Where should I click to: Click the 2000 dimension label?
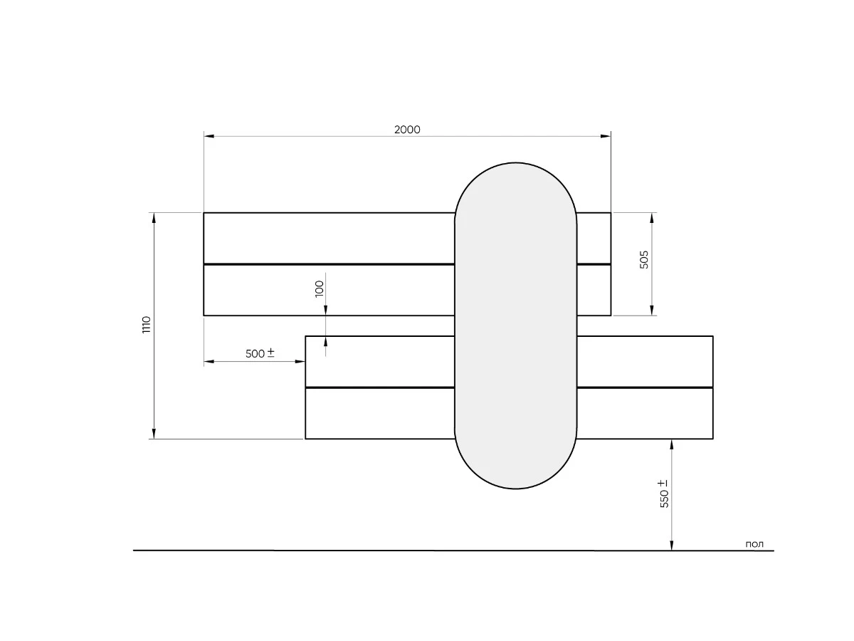(407, 129)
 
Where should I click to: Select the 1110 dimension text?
(146, 325)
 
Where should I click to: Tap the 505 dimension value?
(644, 259)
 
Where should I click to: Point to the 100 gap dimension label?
(319, 288)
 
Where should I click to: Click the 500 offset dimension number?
(255, 354)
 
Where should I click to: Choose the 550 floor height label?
(664, 499)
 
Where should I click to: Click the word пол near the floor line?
(754, 544)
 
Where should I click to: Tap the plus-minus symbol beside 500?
(271, 353)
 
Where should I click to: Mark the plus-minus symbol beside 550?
(663, 483)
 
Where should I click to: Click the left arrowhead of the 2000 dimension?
(209, 136)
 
